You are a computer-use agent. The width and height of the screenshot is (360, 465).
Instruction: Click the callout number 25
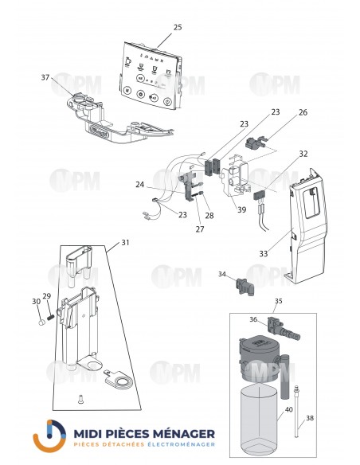(x=178, y=27)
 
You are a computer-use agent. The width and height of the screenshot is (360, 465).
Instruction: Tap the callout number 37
(x=46, y=77)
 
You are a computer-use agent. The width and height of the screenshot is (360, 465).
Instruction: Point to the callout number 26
(x=280, y=112)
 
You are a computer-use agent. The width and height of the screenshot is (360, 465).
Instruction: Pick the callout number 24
(x=162, y=186)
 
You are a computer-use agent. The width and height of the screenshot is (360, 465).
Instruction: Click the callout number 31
(x=124, y=243)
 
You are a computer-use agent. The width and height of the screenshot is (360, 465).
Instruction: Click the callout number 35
(x=278, y=302)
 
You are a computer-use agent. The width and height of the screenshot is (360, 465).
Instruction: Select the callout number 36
(x=253, y=319)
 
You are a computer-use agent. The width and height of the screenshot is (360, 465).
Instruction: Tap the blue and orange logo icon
(x=49, y=436)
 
